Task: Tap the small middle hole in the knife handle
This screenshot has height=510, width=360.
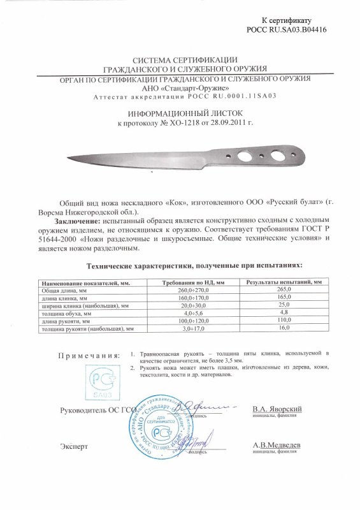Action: (261, 156)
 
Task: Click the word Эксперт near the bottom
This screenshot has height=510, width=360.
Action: (75, 446)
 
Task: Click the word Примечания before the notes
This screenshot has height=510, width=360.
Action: (88, 354)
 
